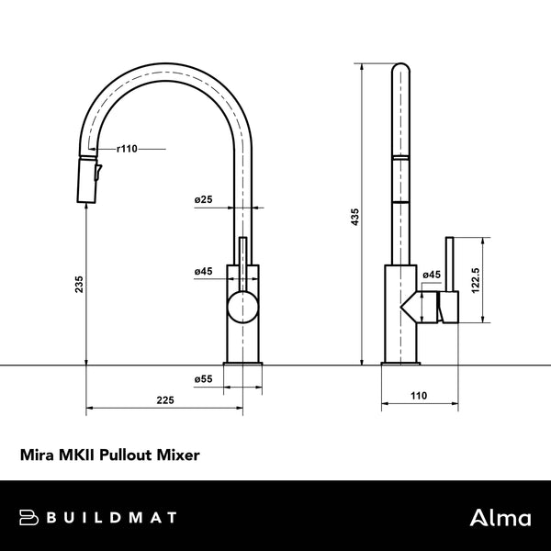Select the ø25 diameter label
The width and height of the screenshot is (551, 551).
pyautogui.click(x=204, y=199)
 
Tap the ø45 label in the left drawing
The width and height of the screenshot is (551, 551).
pyautogui.click(x=204, y=272)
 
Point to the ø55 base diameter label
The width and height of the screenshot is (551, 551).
pyautogui.click(x=204, y=378)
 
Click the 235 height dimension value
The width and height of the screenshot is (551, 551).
pyautogui.click(x=79, y=286)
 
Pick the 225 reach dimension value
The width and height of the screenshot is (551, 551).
pyautogui.click(x=165, y=399)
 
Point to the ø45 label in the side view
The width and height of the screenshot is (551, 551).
pyautogui.click(x=432, y=275)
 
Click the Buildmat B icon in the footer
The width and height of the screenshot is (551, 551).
pyautogui.click(x=28, y=518)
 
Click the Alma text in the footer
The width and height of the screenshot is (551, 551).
pyautogui.click(x=500, y=518)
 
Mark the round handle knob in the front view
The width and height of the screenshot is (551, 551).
pyautogui.click(x=243, y=306)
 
